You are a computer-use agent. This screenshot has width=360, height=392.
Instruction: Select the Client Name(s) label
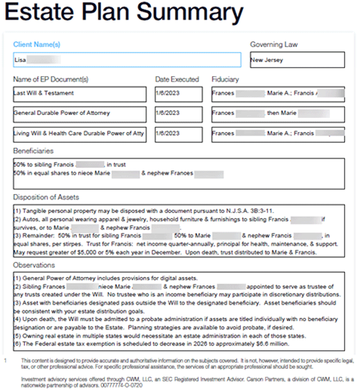pos(36,44)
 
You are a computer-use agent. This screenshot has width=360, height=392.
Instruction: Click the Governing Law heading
pos(274,44)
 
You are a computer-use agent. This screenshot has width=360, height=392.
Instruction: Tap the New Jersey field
pos(297,59)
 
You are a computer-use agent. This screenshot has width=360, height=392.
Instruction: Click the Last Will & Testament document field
pos(79,93)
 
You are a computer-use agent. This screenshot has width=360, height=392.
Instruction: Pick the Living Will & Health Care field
pos(79,134)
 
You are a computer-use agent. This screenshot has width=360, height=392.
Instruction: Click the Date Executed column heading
pos(177,79)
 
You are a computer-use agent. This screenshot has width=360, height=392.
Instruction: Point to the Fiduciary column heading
pos(225,79)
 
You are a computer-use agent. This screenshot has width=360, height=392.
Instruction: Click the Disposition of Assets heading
pos(47,197)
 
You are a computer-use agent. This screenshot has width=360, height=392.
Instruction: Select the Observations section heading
pos(35,265)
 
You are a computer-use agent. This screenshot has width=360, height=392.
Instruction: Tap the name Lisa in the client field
pos(20,59)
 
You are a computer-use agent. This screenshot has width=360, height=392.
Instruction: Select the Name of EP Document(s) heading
pos(51,79)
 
